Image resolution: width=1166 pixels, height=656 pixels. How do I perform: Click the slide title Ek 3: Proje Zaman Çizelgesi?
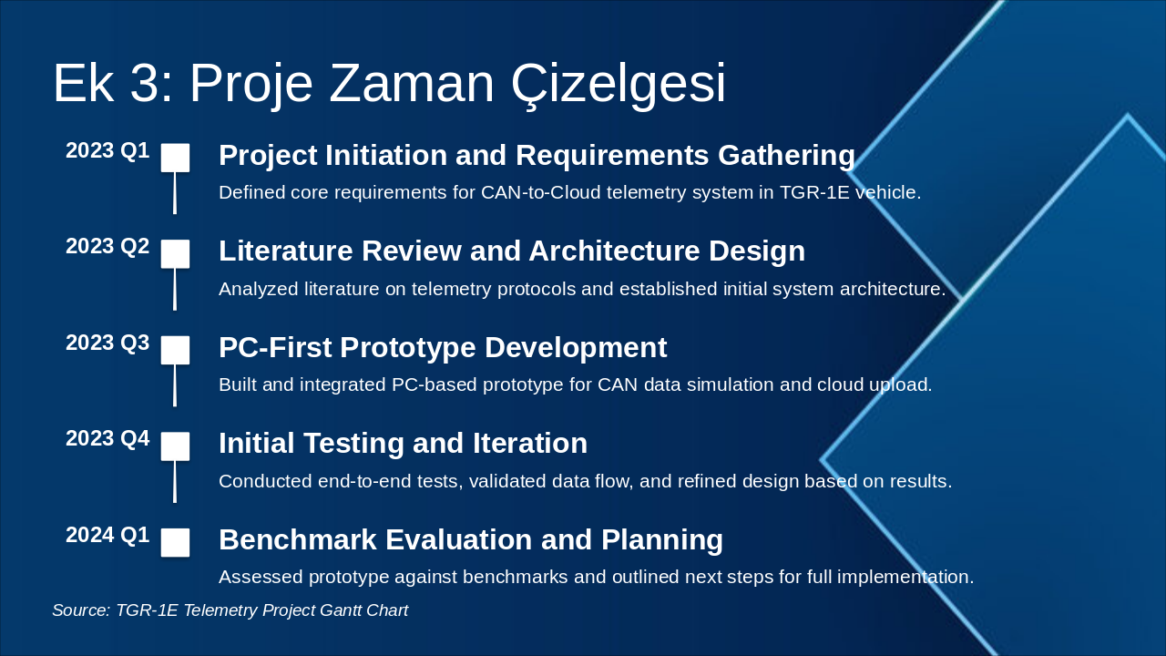pos(389,84)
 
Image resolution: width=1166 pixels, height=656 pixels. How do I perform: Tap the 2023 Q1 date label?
pos(107,151)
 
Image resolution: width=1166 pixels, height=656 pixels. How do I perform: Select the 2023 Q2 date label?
pos(107,247)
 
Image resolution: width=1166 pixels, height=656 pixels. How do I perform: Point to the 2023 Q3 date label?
pos(107,343)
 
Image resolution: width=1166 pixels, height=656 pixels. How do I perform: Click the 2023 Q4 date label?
pos(107,439)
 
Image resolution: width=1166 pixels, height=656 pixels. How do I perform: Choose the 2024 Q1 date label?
pos(107,536)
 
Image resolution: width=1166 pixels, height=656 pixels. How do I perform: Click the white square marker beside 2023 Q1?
pos(175,158)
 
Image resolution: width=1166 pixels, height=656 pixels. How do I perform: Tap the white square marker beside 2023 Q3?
pos(175,350)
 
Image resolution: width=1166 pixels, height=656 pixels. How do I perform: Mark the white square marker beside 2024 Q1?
pos(175,542)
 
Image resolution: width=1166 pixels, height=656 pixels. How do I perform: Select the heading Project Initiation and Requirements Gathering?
pos(537,156)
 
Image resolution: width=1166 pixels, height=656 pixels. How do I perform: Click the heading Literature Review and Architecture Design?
pos(511,251)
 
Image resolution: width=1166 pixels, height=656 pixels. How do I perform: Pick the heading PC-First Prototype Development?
pos(443,348)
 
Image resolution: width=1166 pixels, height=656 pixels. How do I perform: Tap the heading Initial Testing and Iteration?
pos(403,444)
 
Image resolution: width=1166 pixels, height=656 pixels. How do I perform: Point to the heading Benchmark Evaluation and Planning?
pos(470,540)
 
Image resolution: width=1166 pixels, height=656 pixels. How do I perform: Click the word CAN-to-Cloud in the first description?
pos(536,193)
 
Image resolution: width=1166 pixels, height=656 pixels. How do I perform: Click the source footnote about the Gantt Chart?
pos(230,610)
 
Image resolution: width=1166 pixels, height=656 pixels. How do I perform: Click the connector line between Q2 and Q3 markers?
pos(175,290)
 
